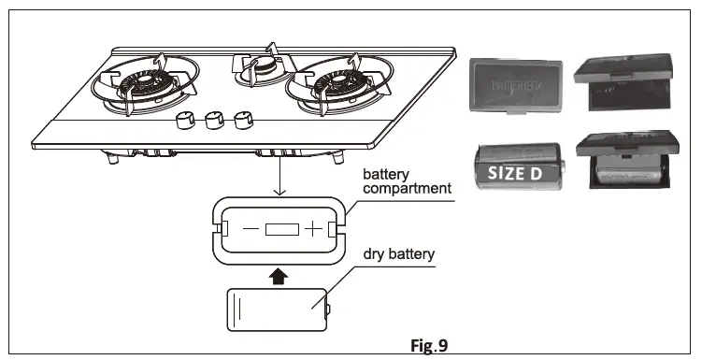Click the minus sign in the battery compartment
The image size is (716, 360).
click(x=249, y=229)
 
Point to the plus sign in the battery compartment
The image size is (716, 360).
click(x=312, y=229)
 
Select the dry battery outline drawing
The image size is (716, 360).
click(x=279, y=310)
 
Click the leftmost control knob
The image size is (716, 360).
click(x=183, y=122)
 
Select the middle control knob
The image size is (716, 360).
click(x=213, y=120)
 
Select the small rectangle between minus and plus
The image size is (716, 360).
click(x=280, y=229)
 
